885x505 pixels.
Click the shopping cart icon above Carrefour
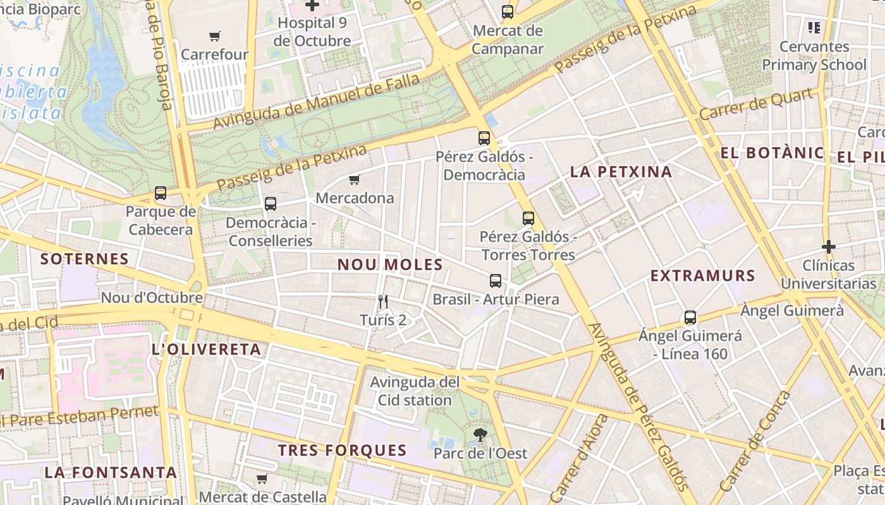pos(215,36)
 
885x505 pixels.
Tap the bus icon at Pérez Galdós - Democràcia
pos(484,138)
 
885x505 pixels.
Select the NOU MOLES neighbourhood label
pos(390,264)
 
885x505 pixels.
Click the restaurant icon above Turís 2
pos(382,301)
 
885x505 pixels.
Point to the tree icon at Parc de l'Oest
pos(480,434)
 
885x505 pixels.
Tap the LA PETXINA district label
pos(621,172)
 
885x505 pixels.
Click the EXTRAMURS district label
pos(702,276)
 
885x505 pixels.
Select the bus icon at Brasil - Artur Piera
pos(496,280)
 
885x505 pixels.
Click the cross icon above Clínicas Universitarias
pos(828,246)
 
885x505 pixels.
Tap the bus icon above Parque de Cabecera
pos(161,193)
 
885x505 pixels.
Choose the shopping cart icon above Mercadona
pos(355,180)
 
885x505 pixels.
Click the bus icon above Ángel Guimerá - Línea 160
pos(690,317)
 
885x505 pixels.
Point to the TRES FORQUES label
pos(342,450)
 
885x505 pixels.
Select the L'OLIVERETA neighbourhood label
pos(206,349)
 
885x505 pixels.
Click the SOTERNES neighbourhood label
pos(85,259)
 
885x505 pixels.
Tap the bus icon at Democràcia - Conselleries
pos(271,203)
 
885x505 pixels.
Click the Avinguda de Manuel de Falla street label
pos(316,101)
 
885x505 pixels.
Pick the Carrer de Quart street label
pos(756,105)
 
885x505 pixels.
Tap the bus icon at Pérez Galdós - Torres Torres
pos(528,218)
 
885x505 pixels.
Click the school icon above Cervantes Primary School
pos(814,27)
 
